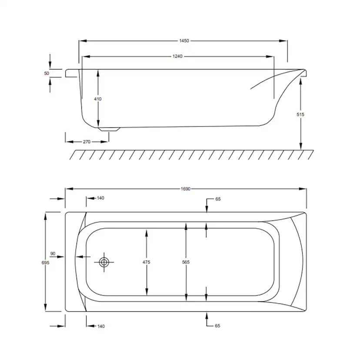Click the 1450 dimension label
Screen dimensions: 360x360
click(184, 41)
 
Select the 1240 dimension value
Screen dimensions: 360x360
click(177, 56)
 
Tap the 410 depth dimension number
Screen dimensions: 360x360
click(98, 99)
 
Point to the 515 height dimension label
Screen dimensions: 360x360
click(300, 114)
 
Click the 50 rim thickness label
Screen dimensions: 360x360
click(47, 73)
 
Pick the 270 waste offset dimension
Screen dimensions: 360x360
click(87, 142)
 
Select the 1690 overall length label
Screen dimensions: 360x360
click(186, 189)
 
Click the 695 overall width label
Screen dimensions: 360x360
click(46, 263)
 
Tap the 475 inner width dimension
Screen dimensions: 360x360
click(146, 262)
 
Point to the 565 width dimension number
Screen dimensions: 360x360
click(186, 262)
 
